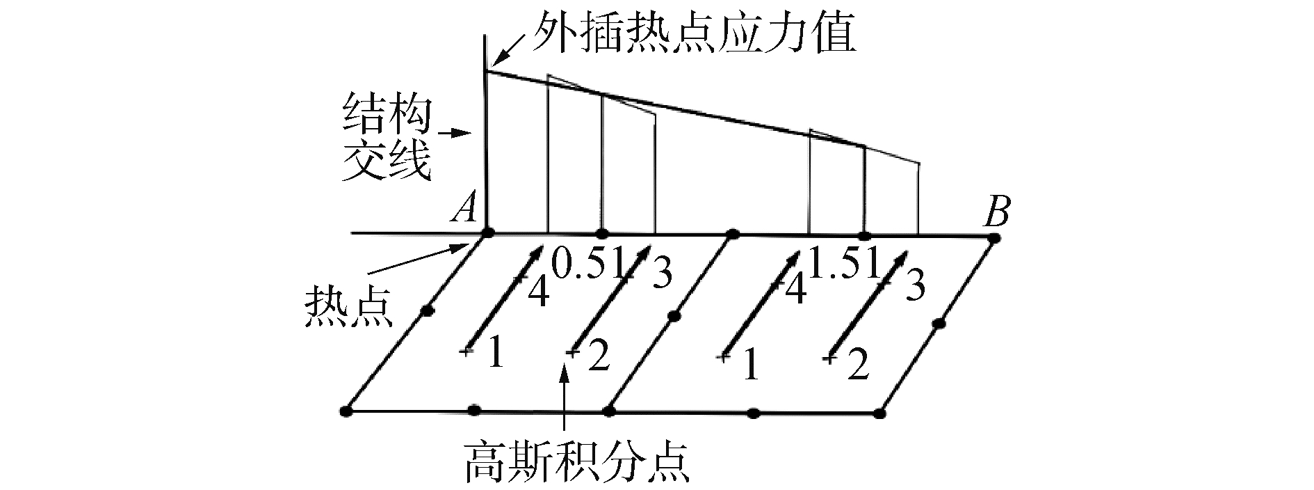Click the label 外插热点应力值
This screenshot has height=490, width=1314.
coord(693,34)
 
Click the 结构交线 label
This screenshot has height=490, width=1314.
coord(384,139)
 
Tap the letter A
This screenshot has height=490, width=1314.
coord(462,207)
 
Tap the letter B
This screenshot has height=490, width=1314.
coord(996,212)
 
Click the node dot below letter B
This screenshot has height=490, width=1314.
coord(994,238)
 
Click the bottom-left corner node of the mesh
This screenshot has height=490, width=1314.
coord(346,411)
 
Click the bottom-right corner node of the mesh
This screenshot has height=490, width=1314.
coord(880,413)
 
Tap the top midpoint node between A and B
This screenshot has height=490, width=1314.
coord(731,234)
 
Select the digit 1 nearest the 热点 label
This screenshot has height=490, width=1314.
coord(494,355)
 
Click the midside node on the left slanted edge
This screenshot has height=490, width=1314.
coord(427,310)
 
